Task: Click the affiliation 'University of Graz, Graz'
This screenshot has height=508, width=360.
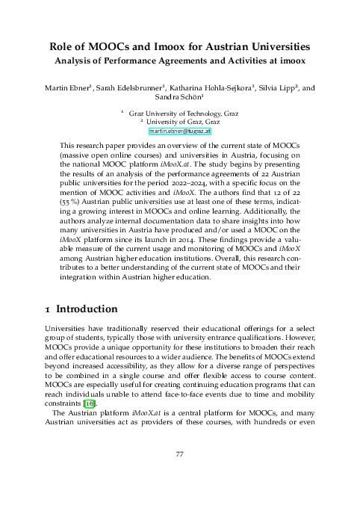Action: pyautogui.click(x=184, y=120)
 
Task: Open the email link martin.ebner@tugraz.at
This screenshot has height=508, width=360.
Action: pyautogui.click(x=180, y=130)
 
